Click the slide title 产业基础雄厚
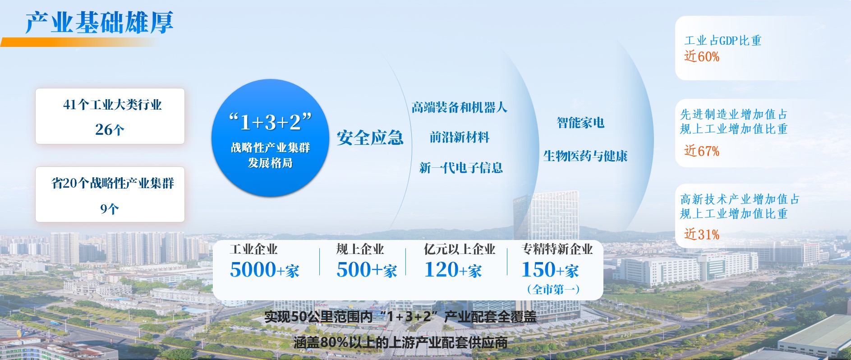click(99, 22)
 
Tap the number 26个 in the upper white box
click(110, 130)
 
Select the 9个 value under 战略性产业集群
click(110, 209)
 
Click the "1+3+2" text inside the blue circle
click(270, 122)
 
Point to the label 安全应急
click(370, 138)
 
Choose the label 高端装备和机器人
click(460, 107)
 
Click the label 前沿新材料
click(460, 137)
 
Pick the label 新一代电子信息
click(461, 168)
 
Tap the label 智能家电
click(580, 123)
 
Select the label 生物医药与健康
click(585, 156)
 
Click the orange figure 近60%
click(702, 56)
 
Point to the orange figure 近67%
click(702, 151)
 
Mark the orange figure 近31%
click(702, 234)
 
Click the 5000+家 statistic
click(265, 270)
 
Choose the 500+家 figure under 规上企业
click(367, 270)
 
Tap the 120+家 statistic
click(453, 270)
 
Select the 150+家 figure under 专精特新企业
click(550, 270)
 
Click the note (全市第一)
click(553, 289)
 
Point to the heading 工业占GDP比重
click(723, 41)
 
